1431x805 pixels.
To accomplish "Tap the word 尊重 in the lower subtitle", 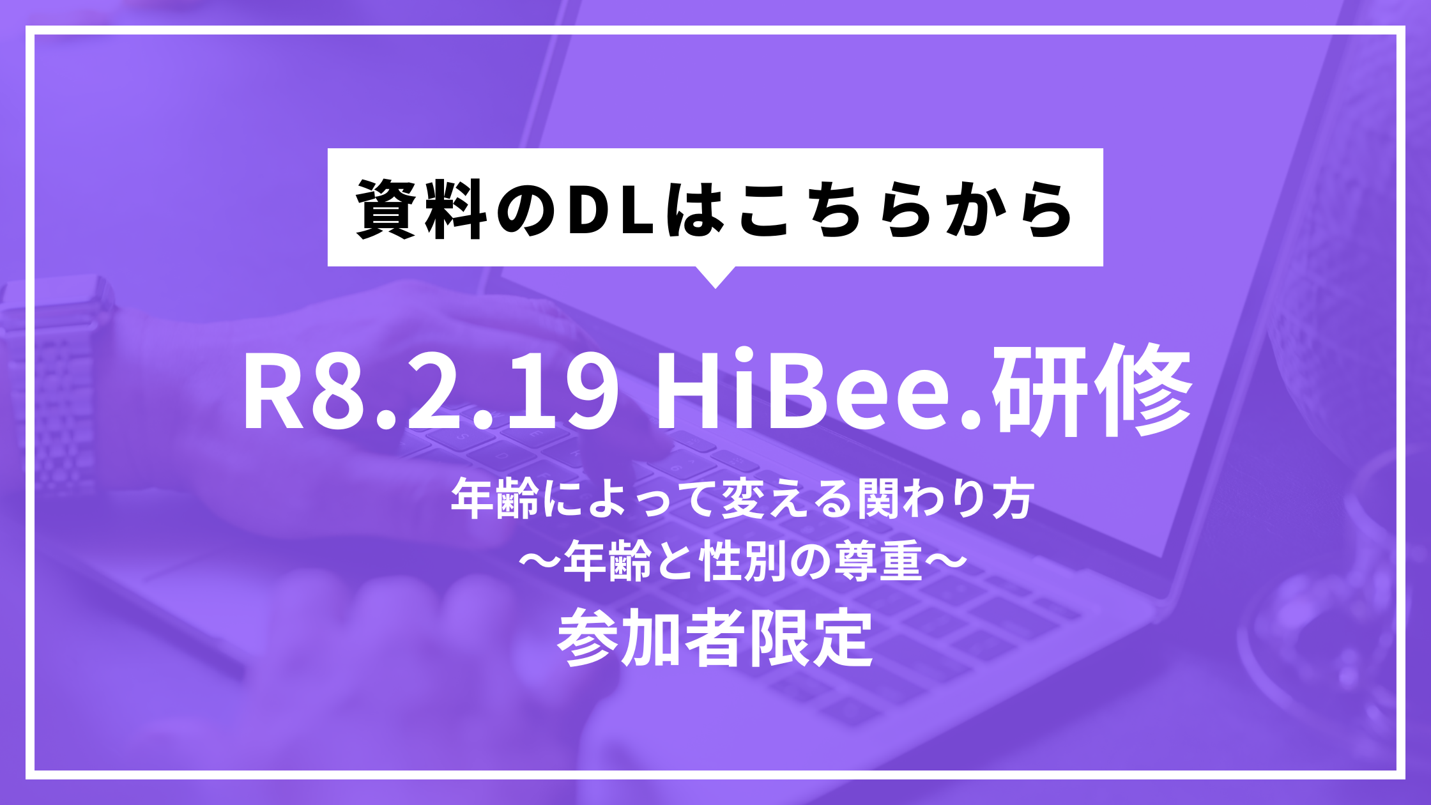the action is [879, 562].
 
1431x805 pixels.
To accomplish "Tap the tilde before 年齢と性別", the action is [540, 562].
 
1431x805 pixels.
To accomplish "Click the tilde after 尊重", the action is [944, 562].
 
